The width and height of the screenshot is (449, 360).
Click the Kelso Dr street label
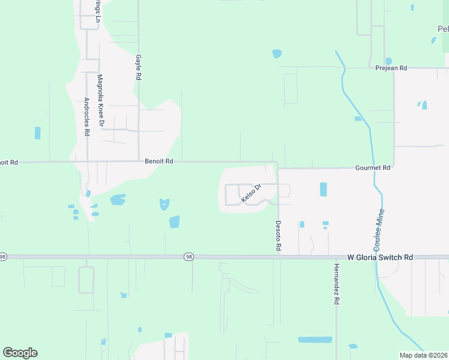tap(252, 193)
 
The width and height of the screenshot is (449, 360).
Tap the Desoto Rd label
tap(278, 235)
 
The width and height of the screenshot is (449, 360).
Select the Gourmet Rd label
tap(373, 168)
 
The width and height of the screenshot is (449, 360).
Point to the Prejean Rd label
tap(391, 68)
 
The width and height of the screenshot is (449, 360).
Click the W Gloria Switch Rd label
tap(381, 257)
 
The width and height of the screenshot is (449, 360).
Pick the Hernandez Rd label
tap(336, 284)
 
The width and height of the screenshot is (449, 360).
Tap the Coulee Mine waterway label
tap(379, 230)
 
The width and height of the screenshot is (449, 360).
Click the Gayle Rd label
tap(138, 68)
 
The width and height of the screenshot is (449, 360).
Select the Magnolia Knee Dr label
tap(101, 100)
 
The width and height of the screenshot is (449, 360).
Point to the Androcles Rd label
tap(87, 116)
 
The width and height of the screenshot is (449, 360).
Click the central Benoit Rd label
tap(158, 161)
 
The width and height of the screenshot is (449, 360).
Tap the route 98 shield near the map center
tap(188, 257)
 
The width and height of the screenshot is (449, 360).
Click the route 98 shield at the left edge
tap(3, 257)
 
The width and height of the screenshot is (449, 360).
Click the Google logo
tap(20, 353)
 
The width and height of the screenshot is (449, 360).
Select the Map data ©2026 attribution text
tap(423, 355)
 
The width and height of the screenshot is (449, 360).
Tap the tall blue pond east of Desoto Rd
tap(324, 190)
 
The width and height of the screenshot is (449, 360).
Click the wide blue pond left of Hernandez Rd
tap(315, 340)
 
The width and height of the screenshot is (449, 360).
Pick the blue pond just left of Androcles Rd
tap(38, 133)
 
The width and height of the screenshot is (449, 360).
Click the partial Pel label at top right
tap(442, 29)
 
